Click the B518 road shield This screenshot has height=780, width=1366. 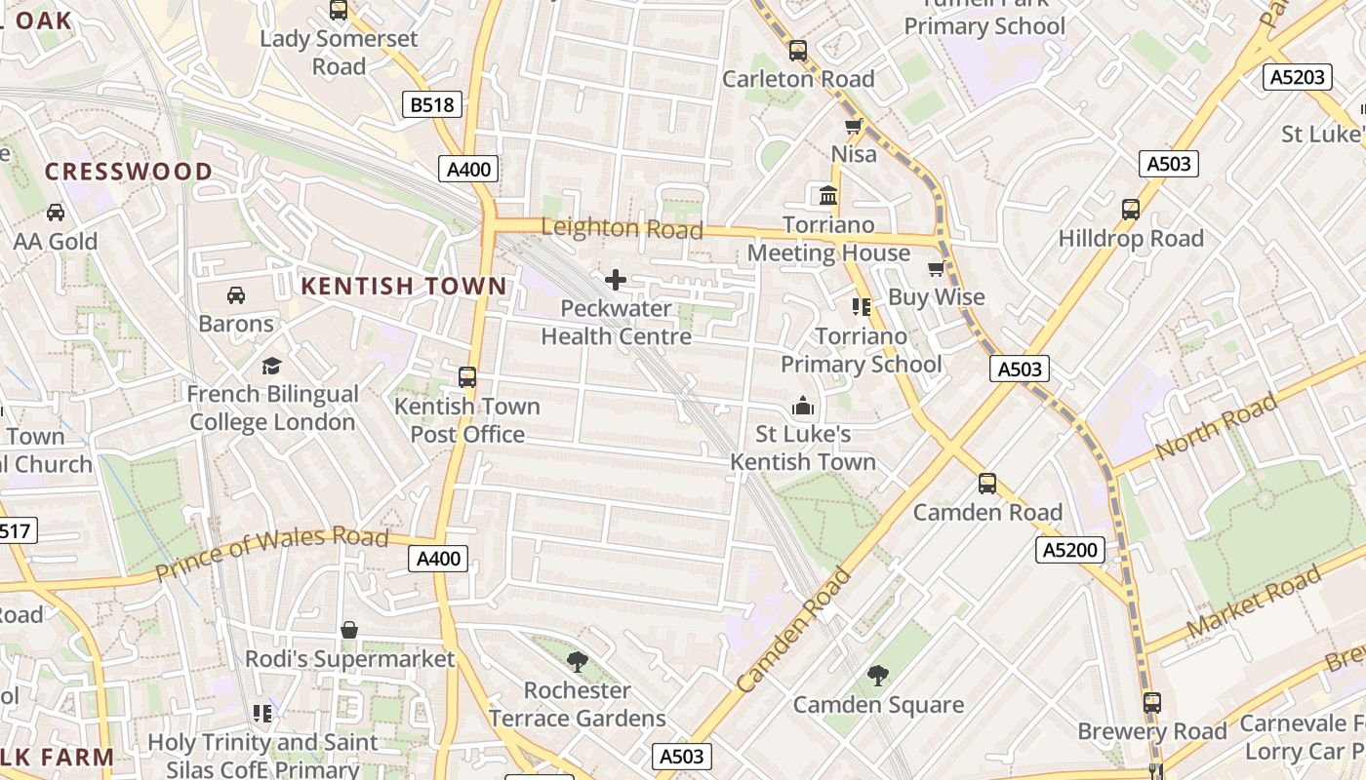(431, 104)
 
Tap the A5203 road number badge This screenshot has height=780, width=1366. (1297, 77)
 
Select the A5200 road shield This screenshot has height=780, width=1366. (1069, 550)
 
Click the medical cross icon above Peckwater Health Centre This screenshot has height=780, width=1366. (616, 281)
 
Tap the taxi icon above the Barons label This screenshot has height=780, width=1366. (236, 294)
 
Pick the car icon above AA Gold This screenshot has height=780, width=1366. (56, 213)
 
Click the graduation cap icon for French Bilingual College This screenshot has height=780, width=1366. (271, 366)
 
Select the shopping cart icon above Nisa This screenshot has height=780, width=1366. (853, 127)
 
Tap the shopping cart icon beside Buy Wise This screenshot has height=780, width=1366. (936, 269)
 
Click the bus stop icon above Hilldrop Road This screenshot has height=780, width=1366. (1130, 209)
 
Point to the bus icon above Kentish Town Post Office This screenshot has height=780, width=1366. (467, 377)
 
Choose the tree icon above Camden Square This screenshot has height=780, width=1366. (878, 675)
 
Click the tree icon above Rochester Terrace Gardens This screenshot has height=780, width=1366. (577, 662)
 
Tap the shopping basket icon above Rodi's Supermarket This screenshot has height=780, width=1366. (349, 631)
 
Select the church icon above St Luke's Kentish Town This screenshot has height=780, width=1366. (803, 405)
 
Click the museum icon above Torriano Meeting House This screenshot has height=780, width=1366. (828, 196)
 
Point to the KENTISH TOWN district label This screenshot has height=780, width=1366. (404, 286)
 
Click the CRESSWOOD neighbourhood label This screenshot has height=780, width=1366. (128, 172)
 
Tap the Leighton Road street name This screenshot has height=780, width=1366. (622, 229)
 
